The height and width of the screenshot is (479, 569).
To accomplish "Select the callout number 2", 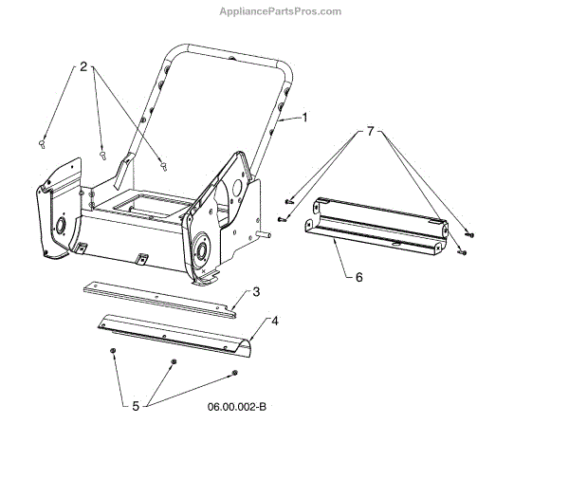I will click(x=83, y=66).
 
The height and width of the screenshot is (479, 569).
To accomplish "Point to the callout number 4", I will click(x=275, y=322).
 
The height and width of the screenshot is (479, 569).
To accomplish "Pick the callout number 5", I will click(x=136, y=406).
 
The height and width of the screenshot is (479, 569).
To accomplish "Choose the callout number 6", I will click(x=358, y=277).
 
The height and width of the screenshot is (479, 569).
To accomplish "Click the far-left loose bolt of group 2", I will click(x=43, y=142).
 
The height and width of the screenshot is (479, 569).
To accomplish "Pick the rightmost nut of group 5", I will click(x=235, y=372).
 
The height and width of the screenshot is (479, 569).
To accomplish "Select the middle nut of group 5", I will click(x=174, y=363).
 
